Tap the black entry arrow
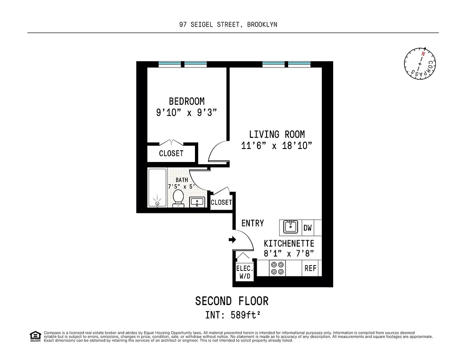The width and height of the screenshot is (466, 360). (x=232, y=240)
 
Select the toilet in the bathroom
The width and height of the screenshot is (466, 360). (x=178, y=198)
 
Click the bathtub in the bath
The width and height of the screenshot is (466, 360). (x=157, y=188)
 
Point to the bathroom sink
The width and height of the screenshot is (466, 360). (x=197, y=202)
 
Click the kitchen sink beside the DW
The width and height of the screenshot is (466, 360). (x=291, y=227)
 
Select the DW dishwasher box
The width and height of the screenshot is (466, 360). (x=308, y=228)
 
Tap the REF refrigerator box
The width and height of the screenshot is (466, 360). (x=310, y=268)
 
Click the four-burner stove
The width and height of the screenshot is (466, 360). (x=277, y=268)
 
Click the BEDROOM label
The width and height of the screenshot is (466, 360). (x=186, y=101)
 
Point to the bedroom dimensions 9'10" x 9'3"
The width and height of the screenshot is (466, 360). (x=186, y=113)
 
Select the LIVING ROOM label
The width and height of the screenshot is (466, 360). (x=277, y=134)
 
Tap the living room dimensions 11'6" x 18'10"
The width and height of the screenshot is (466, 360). (x=277, y=146)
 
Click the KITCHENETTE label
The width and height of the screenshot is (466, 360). (x=289, y=243)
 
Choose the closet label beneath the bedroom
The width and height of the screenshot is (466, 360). (x=171, y=153)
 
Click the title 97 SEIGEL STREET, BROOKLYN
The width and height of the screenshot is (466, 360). (x=228, y=25)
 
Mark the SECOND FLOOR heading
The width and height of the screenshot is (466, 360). (x=232, y=301)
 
